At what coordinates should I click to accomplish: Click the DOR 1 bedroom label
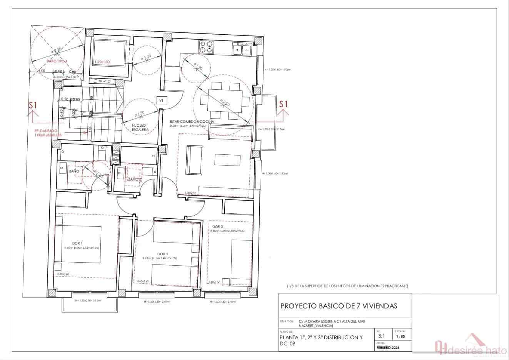coord(77,243)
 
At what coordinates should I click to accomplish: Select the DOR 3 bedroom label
coord(217,226)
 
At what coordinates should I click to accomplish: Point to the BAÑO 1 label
coord(75,171)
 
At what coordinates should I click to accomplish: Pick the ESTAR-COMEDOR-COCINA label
coord(186,121)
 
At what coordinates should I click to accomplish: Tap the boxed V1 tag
coord(162,100)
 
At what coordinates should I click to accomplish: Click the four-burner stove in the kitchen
coord(206,47)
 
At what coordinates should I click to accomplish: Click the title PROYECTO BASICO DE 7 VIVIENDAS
coord(339,306)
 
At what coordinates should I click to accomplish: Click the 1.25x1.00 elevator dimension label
coord(102,62)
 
